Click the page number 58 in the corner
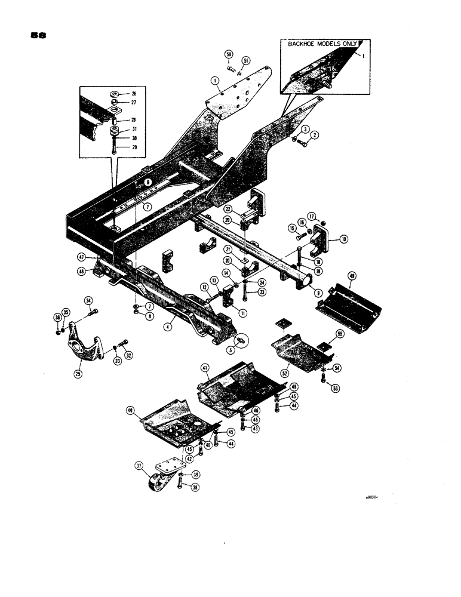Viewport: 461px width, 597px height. (39, 35)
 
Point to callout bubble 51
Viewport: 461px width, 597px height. (245, 60)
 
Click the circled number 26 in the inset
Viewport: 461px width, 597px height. (133, 94)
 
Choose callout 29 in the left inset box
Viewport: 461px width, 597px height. (133, 146)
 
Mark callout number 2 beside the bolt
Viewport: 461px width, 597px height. (315, 135)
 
